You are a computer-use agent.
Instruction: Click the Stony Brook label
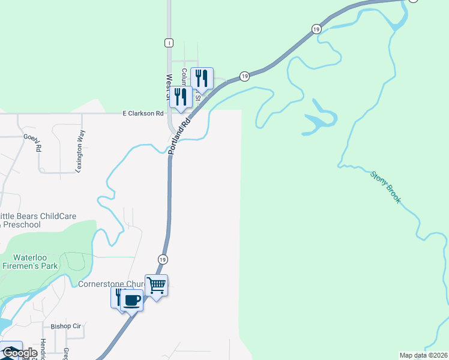[385, 188]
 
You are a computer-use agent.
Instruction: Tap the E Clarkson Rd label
[143, 113]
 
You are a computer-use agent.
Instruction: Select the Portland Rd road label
[179, 135]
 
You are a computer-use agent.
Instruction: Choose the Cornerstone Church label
[111, 284]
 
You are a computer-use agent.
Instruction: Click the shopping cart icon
[156, 285]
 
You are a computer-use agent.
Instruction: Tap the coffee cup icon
[132, 299]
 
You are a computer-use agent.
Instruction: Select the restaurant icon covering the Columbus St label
[202, 78]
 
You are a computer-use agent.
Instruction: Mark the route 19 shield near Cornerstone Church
[163, 259]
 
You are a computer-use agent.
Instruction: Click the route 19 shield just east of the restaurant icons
[244, 76]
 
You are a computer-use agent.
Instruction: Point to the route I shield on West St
[169, 43]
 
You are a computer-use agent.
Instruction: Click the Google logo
[20, 353]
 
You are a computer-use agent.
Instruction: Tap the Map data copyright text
[424, 355]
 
